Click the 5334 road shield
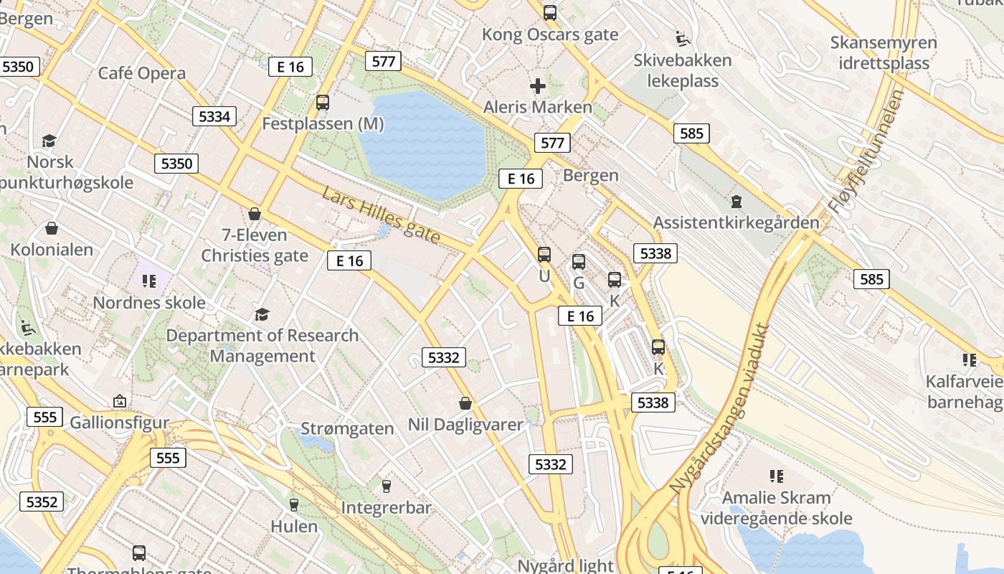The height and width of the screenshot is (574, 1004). click(x=214, y=116)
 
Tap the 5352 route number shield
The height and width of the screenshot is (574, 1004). click(x=41, y=502)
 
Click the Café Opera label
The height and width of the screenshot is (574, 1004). click(x=141, y=73)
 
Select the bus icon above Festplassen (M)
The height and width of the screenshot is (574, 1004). click(x=323, y=103)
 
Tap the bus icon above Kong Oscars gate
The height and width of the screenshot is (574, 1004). click(x=550, y=13)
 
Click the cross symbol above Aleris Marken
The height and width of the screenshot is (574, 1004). click(x=537, y=87)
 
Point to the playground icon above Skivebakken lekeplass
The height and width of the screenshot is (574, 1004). click(x=683, y=38)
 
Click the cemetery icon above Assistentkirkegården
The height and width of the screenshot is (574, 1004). click(x=736, y=202)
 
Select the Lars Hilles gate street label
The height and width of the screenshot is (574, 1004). click(x=380, y=215)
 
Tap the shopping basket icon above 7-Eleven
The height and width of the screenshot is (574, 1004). click(x=254, y=214)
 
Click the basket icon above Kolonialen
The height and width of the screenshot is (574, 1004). click(x=52, y=229)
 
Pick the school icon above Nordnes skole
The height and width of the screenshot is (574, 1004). click(x=149, y=281)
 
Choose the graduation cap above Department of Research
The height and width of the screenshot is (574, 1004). click(x=262, y=314)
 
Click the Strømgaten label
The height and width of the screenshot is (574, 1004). click(x=347, y=429)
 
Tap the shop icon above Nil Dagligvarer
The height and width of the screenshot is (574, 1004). click(x=465, y=403)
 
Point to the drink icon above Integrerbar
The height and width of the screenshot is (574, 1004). click(x=387, y=486)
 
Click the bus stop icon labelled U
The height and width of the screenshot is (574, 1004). click(x=544, y=255)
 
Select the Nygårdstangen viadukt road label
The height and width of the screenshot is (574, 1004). click(x=719, y=409)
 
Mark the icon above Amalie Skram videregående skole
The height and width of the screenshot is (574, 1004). click(x=776, y=476)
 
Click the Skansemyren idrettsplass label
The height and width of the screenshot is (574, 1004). click(x=884, y=52)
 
